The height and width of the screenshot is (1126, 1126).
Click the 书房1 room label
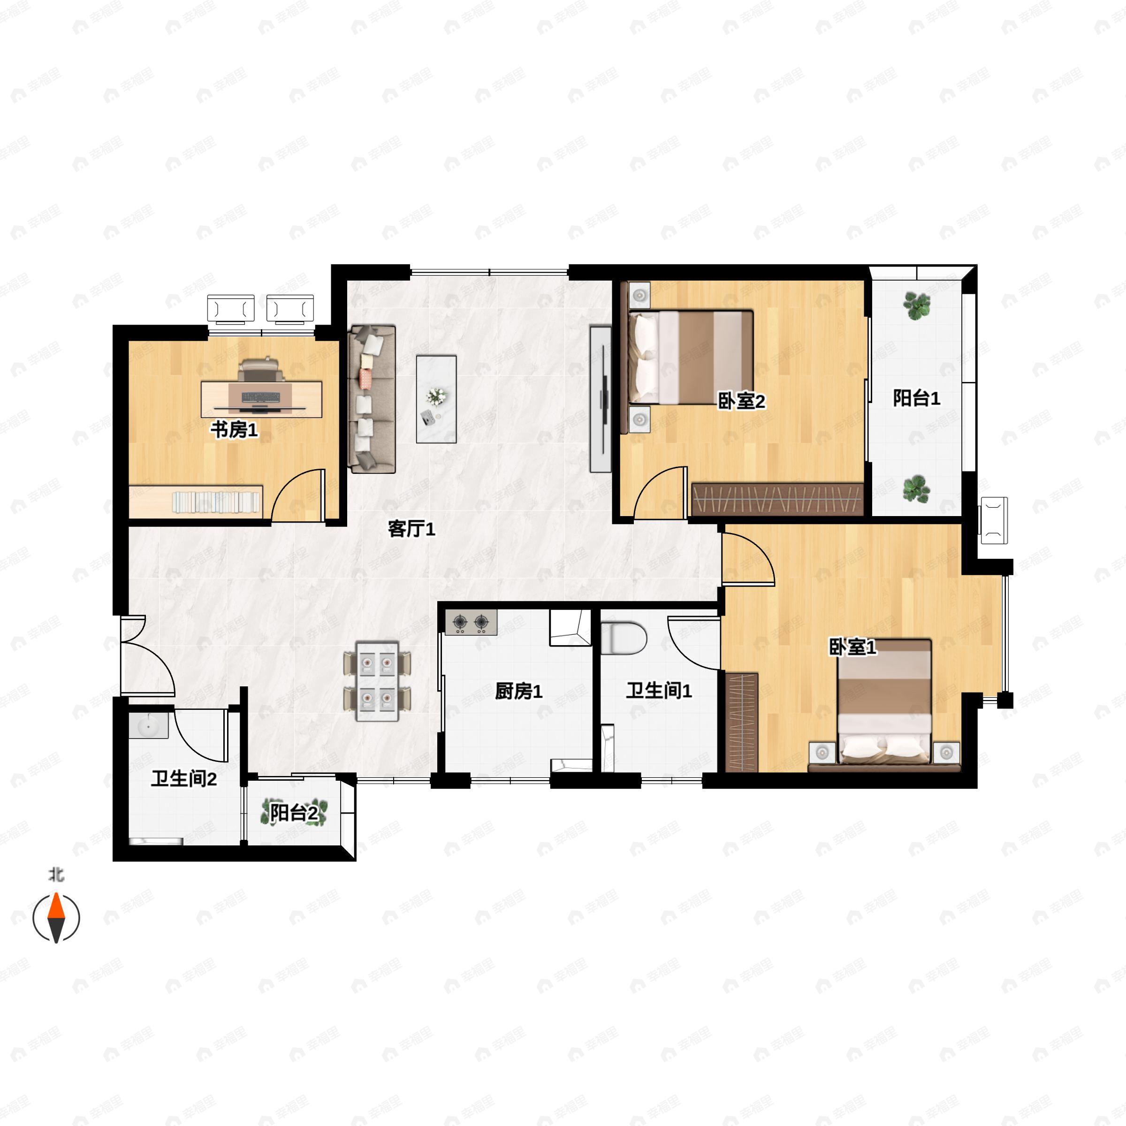coord(234,431)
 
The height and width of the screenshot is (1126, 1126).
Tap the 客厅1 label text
coord(411,529)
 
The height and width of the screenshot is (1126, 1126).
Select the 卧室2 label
coord(741,401)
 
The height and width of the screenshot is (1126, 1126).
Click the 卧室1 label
coord(852,647)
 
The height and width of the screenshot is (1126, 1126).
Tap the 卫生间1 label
coord(659,691)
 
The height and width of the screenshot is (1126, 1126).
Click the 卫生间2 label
coord(184,779)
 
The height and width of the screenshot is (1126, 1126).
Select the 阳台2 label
coord(294,813)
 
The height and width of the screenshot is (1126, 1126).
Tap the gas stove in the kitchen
coord(471,623)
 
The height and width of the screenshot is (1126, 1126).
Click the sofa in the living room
coord(372,399)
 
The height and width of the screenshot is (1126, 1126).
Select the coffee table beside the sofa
coord(436,399)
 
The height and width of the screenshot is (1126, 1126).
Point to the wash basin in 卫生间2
coord(149,726)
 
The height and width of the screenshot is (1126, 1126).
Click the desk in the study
coord(262,399)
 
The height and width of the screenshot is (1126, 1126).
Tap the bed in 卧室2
coord(691,357)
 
